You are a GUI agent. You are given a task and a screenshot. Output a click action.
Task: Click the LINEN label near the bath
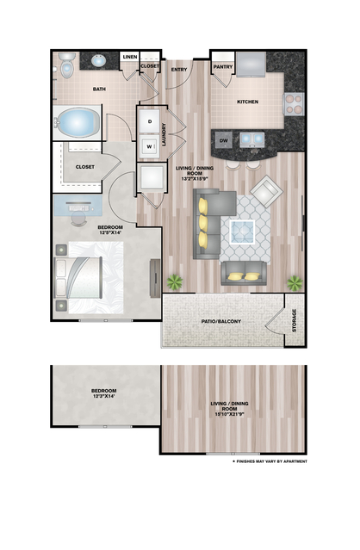[x=130, y=57]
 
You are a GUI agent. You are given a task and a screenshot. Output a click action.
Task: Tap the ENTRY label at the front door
[x=179, y=70]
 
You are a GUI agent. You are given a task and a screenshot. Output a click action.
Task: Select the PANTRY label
[x=224, y=66]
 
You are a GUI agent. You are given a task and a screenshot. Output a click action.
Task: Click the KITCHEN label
[x=247, y=102]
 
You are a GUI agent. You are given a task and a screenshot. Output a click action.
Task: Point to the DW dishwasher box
[x=223, y=139]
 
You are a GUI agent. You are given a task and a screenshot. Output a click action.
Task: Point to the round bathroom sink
[x=99, y=61]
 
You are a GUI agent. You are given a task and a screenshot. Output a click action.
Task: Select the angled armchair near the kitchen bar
[x=264, y=189]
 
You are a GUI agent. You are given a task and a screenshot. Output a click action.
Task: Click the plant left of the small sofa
[x=176, y=281]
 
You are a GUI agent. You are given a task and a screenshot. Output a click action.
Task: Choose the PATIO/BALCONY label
[x=222, y=322]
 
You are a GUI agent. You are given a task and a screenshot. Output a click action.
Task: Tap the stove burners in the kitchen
[x=294, y=103]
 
